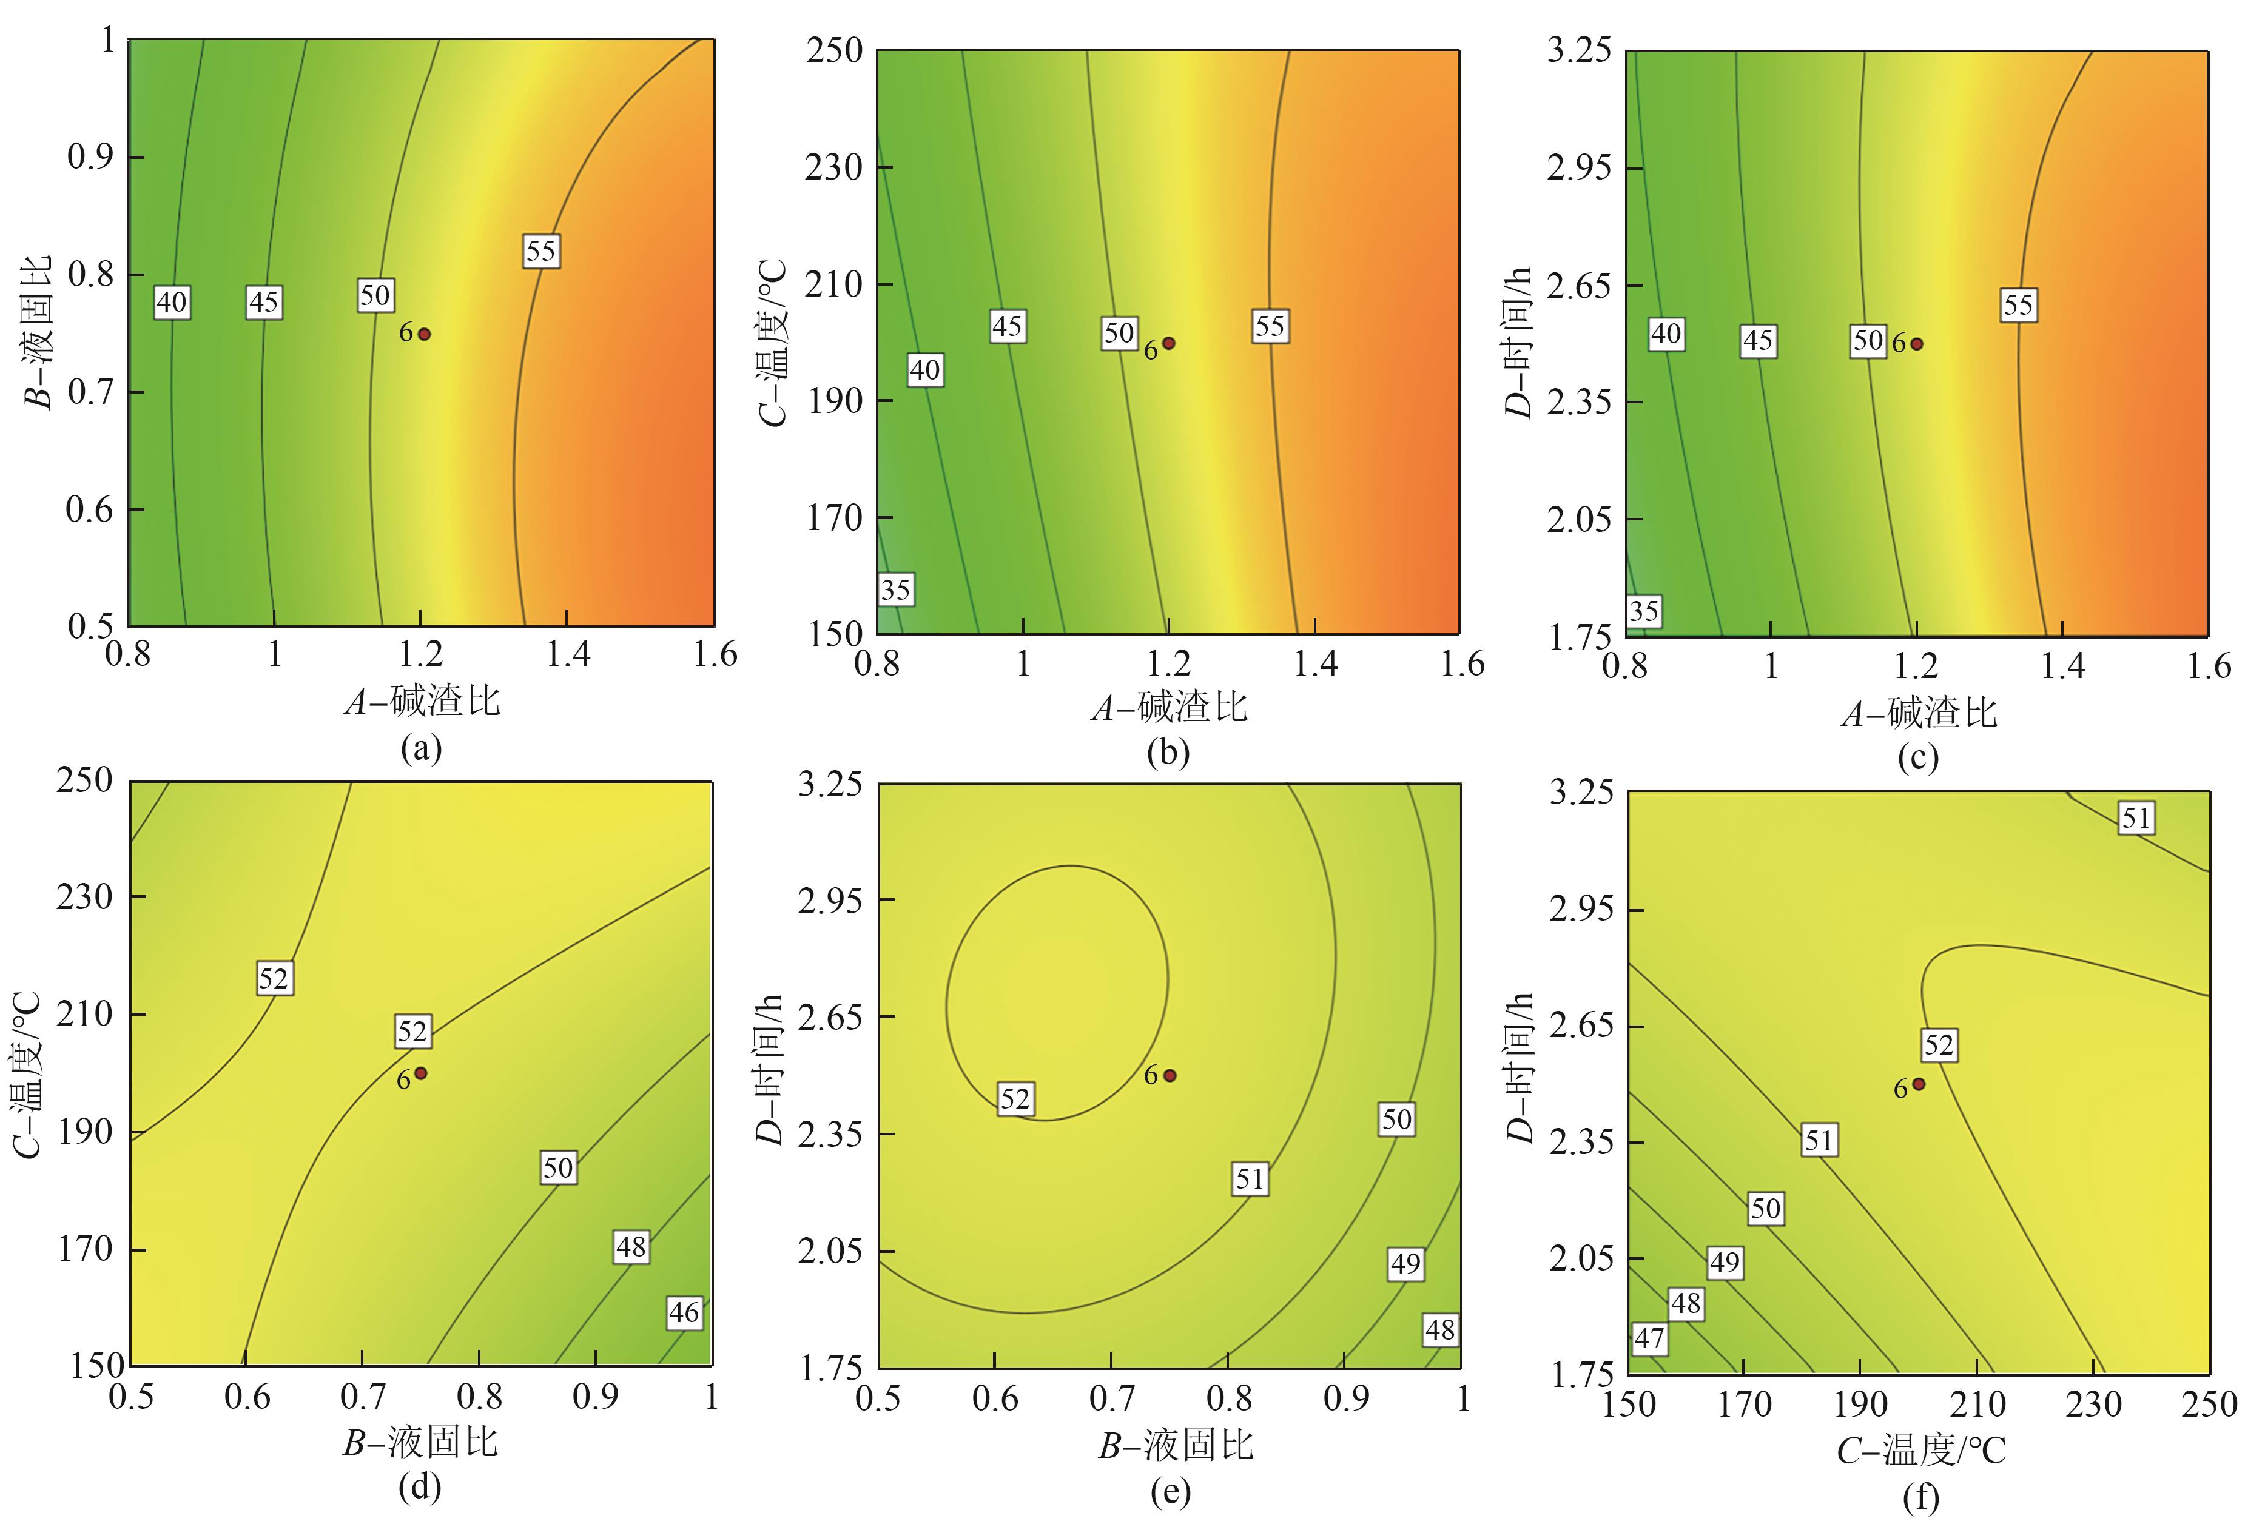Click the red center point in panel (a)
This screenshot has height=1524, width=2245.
click(x=424, y=334)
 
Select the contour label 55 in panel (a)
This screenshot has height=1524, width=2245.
click(x=541, y=251)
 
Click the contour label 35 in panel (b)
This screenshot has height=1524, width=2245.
click(x=895, y=589)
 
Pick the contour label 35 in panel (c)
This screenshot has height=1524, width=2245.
click(x=1643, y=610)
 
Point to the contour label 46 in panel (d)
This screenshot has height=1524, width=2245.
click(x=684, y=1312)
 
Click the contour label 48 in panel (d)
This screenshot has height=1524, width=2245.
click(x=631, y=1247)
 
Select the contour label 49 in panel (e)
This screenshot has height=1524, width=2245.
click(x=1405, y=1263)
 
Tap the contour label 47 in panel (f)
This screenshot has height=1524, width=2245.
click(x=1649, y=1338)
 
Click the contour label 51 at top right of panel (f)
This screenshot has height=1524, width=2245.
click(x=2136, y=819)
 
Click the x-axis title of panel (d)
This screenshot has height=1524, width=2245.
click(x=421, y=1443)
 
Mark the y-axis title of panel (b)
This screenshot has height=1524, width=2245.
click(x=773, y=342)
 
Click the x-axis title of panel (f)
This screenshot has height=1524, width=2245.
click(x=1920, y=1449)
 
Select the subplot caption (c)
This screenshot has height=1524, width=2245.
click(x=1917, y=758)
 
